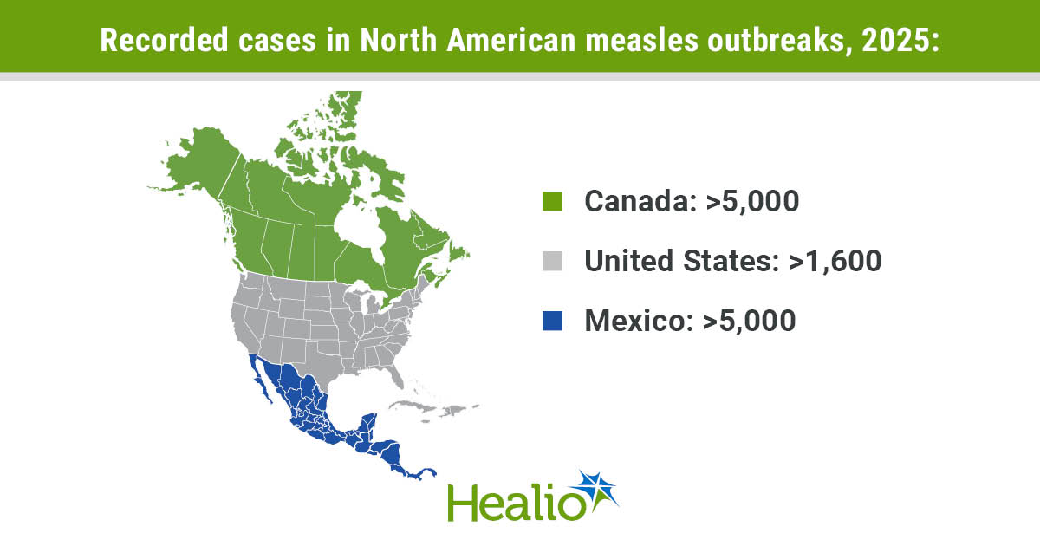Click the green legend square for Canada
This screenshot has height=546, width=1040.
pyautogui.click(x=551, y=201)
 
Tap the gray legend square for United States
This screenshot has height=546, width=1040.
pyautogui.click(x=551, y=261)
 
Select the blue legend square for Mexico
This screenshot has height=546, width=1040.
pyautogui.click(x=551, y=321)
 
